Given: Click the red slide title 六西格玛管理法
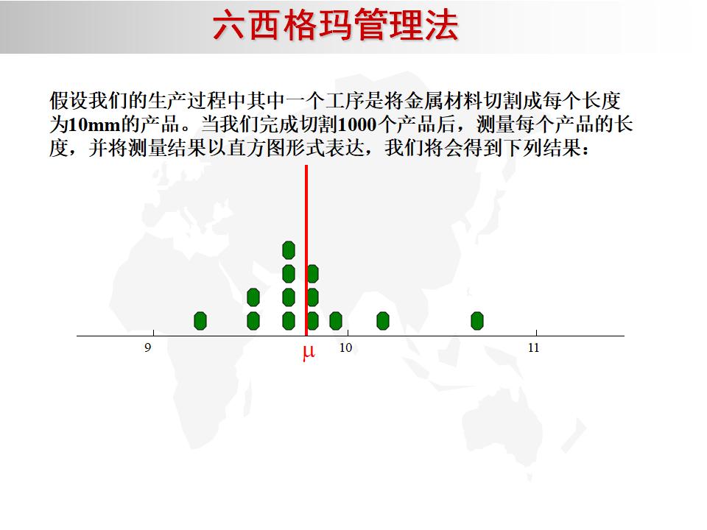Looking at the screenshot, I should (335, 26).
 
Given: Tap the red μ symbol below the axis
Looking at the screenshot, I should (308, 353).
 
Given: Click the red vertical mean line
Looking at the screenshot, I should (306, 221).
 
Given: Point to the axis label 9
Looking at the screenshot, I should (148, 347).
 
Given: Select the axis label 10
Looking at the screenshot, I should (345, 347).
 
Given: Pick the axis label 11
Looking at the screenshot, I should (534, 347).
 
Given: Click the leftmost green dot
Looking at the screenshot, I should (200, 321).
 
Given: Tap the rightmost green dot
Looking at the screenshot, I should (477, 321).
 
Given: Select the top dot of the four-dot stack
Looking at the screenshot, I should (289, 250).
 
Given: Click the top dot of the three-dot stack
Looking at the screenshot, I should (312, 274).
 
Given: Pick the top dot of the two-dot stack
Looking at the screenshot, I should (253, 297).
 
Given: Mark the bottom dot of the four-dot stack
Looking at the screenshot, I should (289, 321).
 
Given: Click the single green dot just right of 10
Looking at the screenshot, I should (383, 321).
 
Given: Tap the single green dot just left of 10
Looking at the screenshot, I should (336, 321).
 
